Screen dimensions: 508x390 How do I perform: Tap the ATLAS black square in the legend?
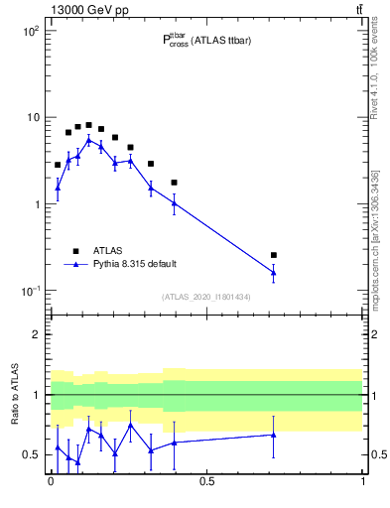tap(75, 251)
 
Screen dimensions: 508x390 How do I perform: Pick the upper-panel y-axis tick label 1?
tap(35, 204)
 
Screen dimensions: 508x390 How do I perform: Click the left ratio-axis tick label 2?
tap(36, 334)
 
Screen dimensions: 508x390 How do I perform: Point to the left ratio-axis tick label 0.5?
tap(30, 454)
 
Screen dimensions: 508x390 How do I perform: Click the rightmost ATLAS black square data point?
tap(273, 255)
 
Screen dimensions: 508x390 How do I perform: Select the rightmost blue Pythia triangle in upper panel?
tap(273, 272)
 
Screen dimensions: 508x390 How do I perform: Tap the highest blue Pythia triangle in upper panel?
tap(88, 140)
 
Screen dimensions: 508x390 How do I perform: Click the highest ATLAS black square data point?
tap(88, 125)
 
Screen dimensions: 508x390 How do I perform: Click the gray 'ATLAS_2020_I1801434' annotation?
tap(206, 297)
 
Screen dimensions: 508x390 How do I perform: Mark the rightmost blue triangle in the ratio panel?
tap(273, 435)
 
